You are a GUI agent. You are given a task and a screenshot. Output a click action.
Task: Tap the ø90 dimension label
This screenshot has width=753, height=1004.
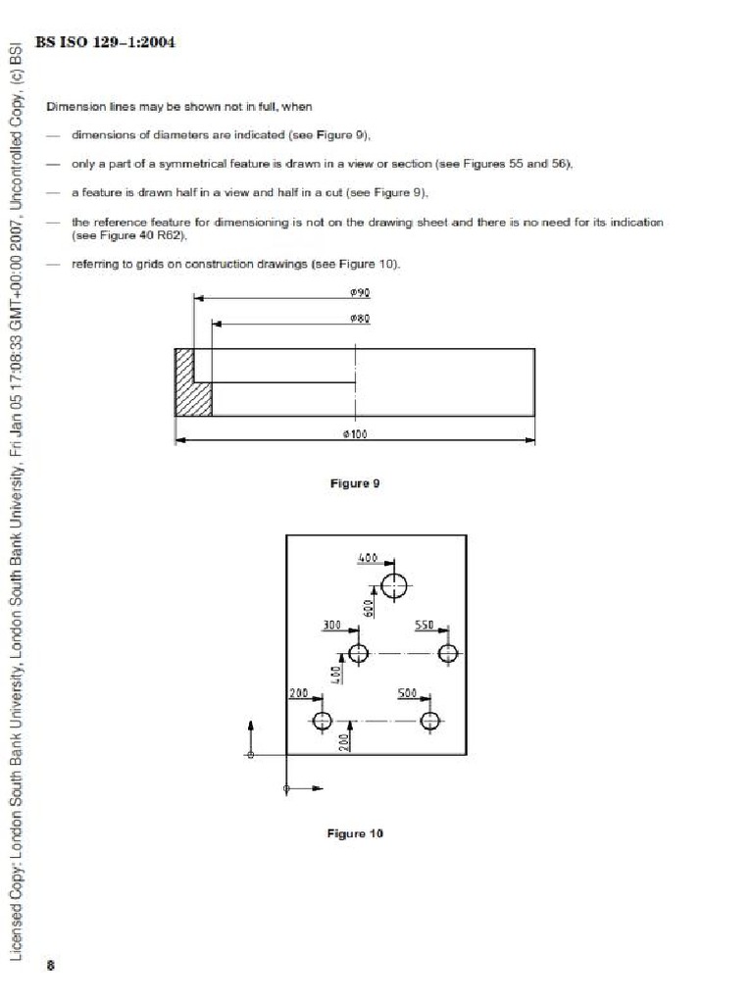tap(359, 292)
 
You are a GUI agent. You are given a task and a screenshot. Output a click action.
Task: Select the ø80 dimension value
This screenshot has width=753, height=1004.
tap(359, 318)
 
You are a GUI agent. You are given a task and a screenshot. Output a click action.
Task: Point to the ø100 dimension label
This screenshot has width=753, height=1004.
tap(355, 434)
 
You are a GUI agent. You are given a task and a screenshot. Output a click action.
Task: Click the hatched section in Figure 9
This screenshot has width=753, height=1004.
tap(193, 382)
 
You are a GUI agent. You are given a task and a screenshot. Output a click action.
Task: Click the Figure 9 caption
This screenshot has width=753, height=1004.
tap(354, 483)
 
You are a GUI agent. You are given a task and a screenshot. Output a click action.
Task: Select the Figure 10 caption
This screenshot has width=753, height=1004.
tap(354, 833)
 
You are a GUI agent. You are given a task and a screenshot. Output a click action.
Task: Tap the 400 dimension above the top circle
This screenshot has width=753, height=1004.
tap(368, 558)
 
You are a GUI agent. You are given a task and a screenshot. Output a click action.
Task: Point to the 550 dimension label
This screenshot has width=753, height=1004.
tap(425, 625)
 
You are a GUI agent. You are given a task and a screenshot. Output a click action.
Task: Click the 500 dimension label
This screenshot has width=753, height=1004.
tap(408, 693)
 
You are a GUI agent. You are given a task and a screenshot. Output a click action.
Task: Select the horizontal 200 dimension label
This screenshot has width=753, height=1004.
tap(298, 693)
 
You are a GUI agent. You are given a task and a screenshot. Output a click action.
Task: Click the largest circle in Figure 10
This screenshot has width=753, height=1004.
tap(395, 586)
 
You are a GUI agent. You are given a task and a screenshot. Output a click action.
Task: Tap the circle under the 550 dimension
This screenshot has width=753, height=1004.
tap(449, 653)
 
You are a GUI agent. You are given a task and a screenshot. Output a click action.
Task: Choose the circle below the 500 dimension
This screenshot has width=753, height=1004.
tap(429, 722)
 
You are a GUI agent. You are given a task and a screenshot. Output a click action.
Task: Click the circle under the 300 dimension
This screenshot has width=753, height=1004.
tap(358, 653)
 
